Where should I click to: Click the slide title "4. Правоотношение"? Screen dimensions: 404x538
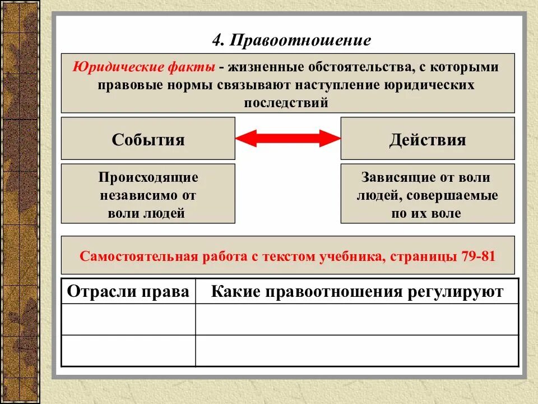pos(291,40)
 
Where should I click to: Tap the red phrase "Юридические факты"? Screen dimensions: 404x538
pos(144,67)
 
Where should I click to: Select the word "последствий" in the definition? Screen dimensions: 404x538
pos(286,103)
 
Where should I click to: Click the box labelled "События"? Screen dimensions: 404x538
pos(148,139)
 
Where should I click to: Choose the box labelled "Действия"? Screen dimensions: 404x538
pos(427,139)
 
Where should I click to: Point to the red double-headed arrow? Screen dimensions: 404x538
pos(287,138)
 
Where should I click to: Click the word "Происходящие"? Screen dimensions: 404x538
pos(149,177)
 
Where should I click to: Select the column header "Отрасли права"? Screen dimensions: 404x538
pos(128,291)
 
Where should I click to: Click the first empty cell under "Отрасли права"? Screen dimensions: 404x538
pos(128,319)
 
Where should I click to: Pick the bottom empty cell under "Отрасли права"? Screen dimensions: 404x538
pos(128,351)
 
